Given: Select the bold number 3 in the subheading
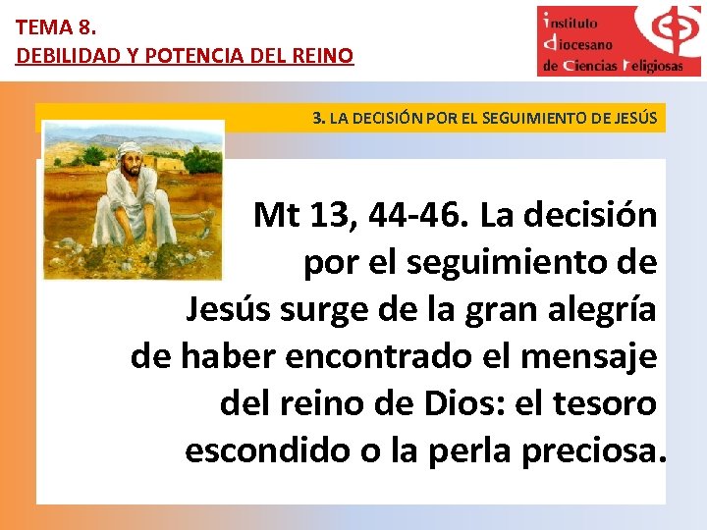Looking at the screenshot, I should (x=317, y=119).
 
